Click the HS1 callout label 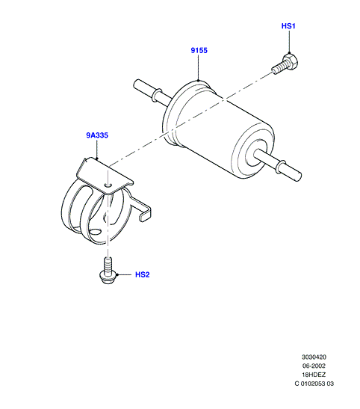[x=288, y=26]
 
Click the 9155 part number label [x=199, y=50]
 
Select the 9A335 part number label [x=97, y=135]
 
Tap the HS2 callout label [x=142, y=274]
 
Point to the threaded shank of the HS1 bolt [x=278, y=68]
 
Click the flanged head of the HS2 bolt [x=108, y=277]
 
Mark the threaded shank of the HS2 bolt [x=108, y=264]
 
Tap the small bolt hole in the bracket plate [x=108, y=185]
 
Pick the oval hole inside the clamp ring [x=95, y=232]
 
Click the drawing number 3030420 [x=314, y=357]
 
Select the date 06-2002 [x=314, y=366]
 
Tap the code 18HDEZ [x=314, y=375]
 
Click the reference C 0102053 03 [x=314, y=384]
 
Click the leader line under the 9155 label [x=198, y=67]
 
